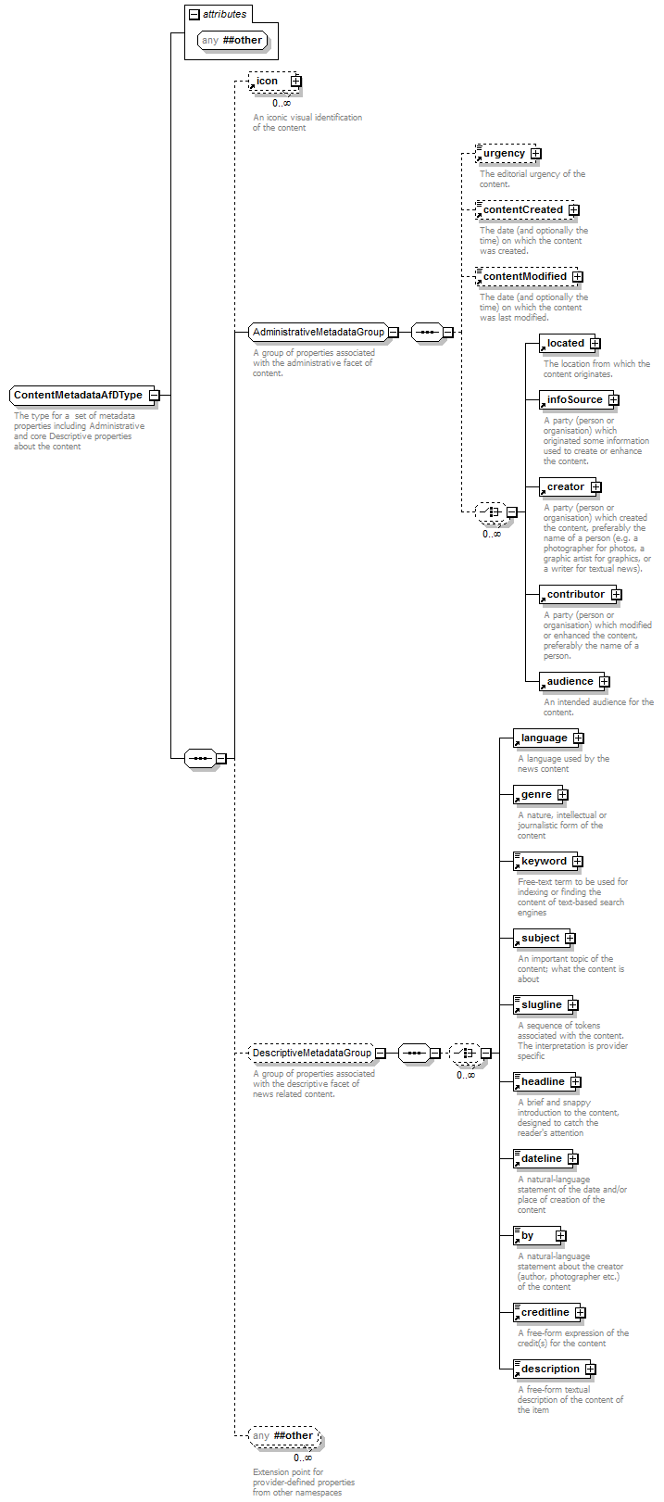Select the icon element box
tap(275, 82)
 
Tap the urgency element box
tap(507, 154)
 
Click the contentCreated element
tap(527, 210)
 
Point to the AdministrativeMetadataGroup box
tap(323, 332)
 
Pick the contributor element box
tap(581, 594)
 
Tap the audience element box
tap(575, 681)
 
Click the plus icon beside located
tap(595, 344)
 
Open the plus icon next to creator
tap(596, 486)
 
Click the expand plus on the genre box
tap(563, 795)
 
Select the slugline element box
tap(546, 1004)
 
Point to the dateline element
tap(546, 1158)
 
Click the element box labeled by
tap(540, 1235)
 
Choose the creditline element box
tap(549, 1312)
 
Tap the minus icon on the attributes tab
tap(194, 14)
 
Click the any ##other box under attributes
tap(232, 40)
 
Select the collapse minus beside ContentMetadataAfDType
tap(154, 395)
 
